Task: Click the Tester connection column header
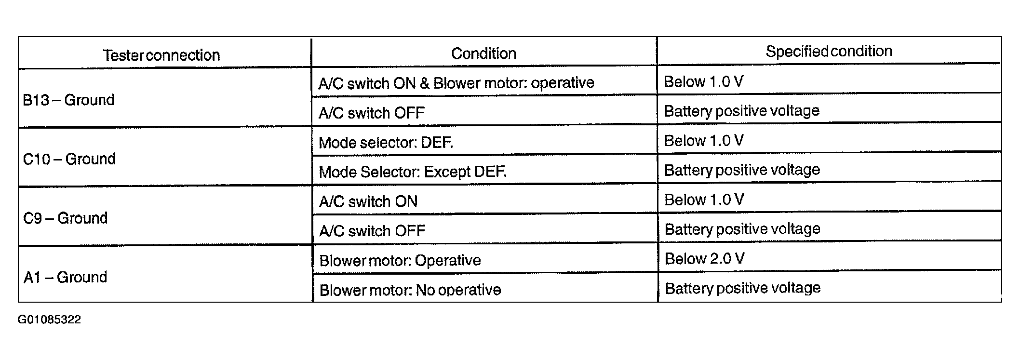pyautogui.click(x=161, y=55)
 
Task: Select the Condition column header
pyautogui.click(x=483, y=53)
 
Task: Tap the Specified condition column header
pyautogui.click(x=829, y=52)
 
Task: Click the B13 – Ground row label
pyautogui.click(x=68, y=100)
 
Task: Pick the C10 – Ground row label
pyautogui.click(x=69, y=159)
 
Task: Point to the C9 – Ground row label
pyautogui.click(x=65, y=218)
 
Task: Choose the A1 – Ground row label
pyautogui.click(x=65, y=277)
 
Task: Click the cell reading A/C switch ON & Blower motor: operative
pyautogui.click(x=456, y=83)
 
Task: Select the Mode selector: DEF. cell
pyautogui.click(x=386, y=143)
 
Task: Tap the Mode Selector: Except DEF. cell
pyautogui.click(x=413, y=172)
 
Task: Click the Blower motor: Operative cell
pyautogui.click(x=400, y=260)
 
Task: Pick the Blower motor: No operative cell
pyautogui.click(x=410, y=290)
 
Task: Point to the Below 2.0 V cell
pyautogui.click(x=704, y=259)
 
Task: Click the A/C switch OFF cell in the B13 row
pyautogui.click(x=371, y=113)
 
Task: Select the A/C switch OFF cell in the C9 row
pyautogui.click(x=372, y=231)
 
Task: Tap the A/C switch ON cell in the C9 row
pyautogui.click(x=368, y=201)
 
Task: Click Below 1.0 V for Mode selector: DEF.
pyautogui.click(x=704, y=141)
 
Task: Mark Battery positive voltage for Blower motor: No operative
pyautogui.click(x=743, y=288)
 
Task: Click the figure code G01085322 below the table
pyautogui.click(x=49, y=320)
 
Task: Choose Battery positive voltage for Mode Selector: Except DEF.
pyautogui.click(x=742, y=170)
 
